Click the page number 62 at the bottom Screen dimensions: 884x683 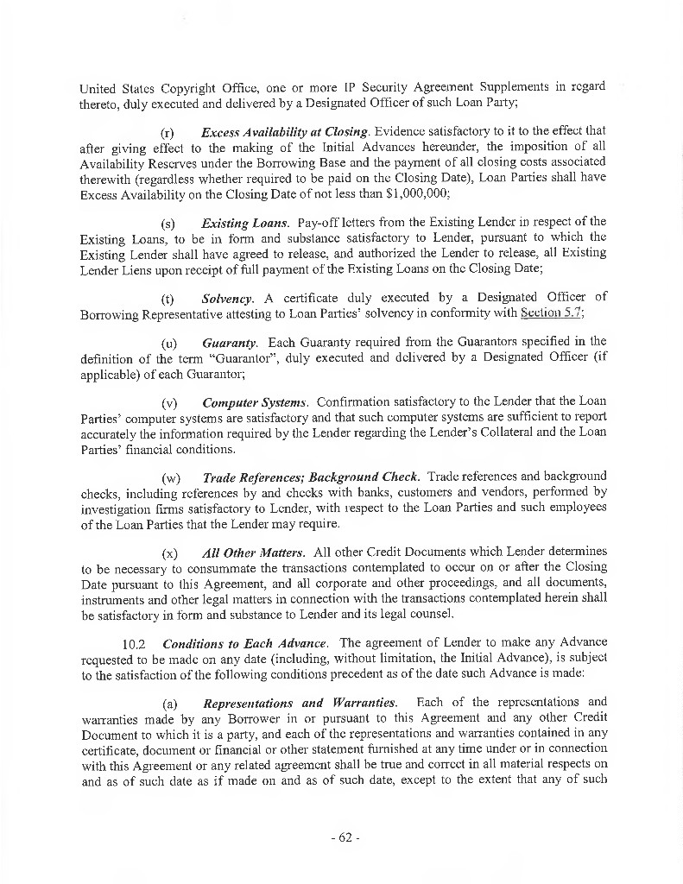coord(342,838)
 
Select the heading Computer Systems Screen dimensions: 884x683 coord(255,402)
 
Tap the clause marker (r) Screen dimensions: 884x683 coord(169,132)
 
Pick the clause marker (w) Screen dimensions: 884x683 coord(170,477)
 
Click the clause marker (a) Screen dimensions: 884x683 coord(169,704)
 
